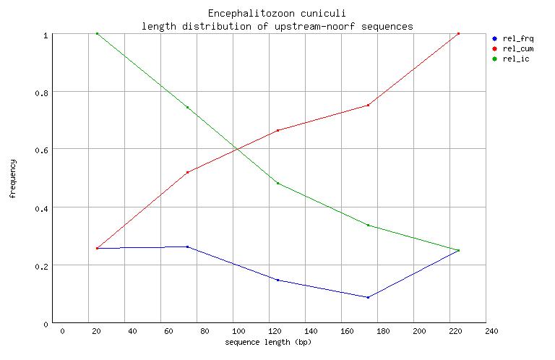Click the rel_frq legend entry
pyautogui.click(x=512, y=38)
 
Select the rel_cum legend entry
pyautogui.click(x=512, y=48)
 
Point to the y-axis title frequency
pyautogui.click(x=12, y=179)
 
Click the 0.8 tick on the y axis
pyautogui.click(x=45, y=92)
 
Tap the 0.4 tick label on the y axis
pyautogui.click(x=45, y=208)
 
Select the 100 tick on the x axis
pyautogui.click(x=233, y=330)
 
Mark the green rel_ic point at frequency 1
pyautogui.click(x=97, y=33)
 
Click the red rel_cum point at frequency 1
pyautogui.click(x=459, y=33)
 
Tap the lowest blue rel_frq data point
pyautogui.click(x=368, y=297)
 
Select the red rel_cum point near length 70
pyautogui.click(x=187, y=172)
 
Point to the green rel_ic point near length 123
pyautogui.click(x=277, y=183)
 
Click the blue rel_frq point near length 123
pyautogui.click(x=277, y=280)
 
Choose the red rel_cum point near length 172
pyautogui.click(x=368, y=105)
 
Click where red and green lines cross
pyautogui.click(x=236, y=149)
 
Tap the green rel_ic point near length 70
pyautogui.click(x=187, y=107)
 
